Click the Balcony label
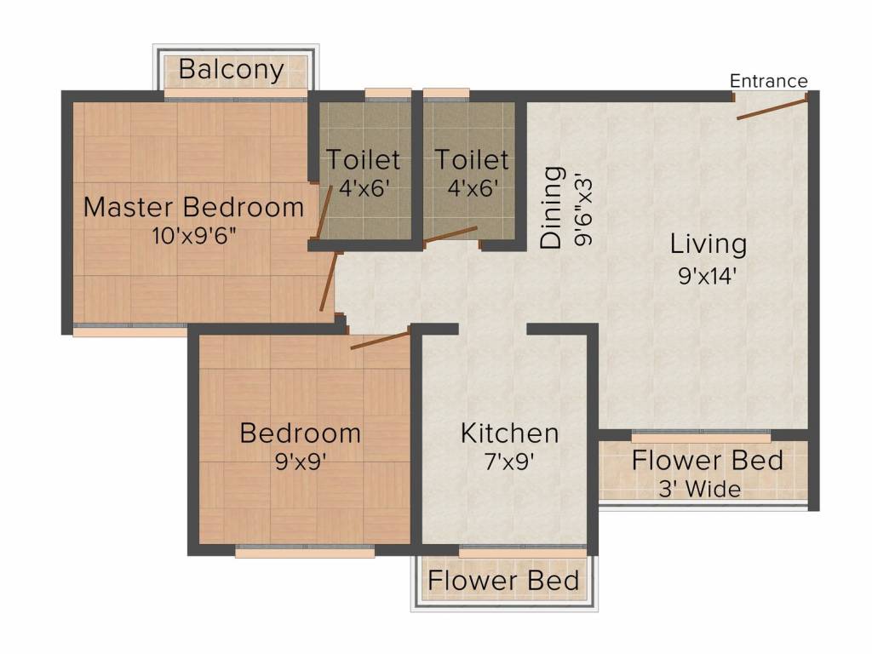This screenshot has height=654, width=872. [x=232, y=70]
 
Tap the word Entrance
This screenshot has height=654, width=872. [x=769, y=81]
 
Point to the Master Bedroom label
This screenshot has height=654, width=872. [x=194, y=207]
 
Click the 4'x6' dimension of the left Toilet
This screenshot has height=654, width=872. [x=364, y=186]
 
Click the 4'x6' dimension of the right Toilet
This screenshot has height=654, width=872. [x=472, y=186]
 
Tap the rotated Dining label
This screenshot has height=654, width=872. [x=553, y=207]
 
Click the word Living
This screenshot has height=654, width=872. [x=708, y=244]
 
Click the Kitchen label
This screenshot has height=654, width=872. [x=509, y=433]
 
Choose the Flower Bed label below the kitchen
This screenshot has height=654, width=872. [x=503, y=582]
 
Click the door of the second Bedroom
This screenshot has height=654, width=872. [x=380, y=341]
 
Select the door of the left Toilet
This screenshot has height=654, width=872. [x=324, y=212]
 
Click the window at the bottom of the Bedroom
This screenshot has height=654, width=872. [x=305, y=551]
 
